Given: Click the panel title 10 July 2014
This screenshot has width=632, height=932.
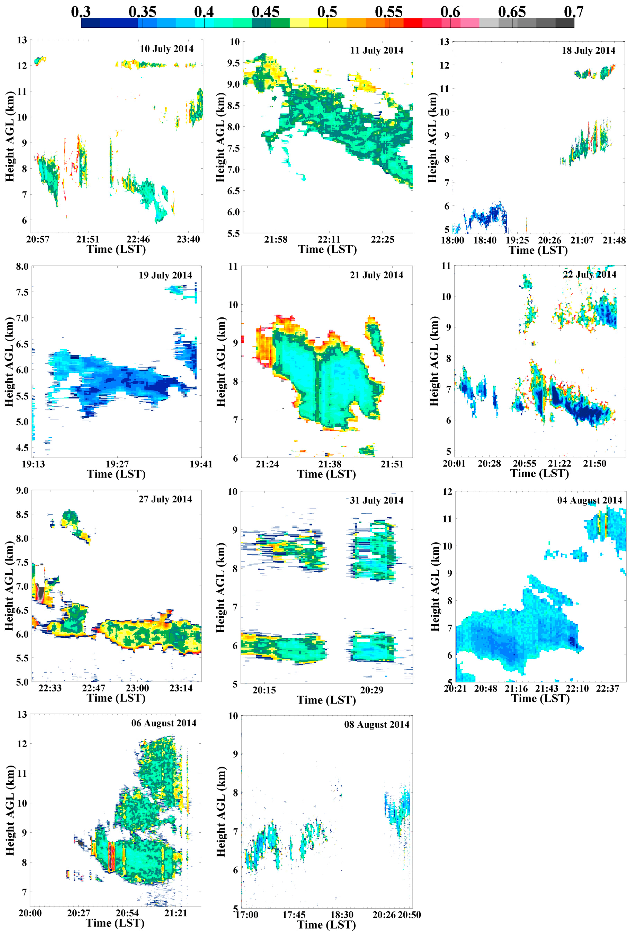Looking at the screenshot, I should click(166, 49).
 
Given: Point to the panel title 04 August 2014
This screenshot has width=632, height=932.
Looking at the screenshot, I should click(590, 500).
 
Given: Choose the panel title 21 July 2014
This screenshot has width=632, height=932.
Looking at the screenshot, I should click(376, 275).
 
